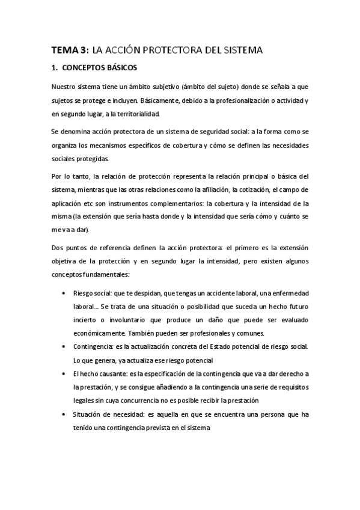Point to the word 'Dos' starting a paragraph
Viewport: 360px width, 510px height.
58,248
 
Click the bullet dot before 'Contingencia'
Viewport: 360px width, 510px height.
64,348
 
